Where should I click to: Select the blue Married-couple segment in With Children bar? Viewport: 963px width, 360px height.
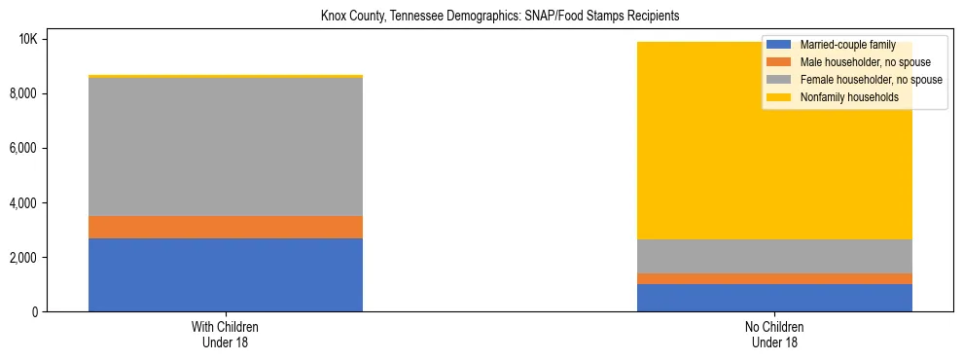pyautogui.click(x=226, y=274)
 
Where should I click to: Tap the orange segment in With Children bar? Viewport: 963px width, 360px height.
pyautogui.click(x=226, y=227)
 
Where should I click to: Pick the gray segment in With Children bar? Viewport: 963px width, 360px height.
pyautogui.click(x=226, y=146)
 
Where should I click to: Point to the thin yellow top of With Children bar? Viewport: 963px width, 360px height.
pyautogui.click(x=226, y=76)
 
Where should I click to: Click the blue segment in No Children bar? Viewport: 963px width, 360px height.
pyautogui.click(x=774, y=298)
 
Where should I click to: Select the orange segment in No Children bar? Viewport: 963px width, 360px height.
pyautogui.click(x=774, y=278)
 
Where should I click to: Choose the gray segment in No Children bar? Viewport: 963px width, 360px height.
pyautogui.click(x=774, y=256)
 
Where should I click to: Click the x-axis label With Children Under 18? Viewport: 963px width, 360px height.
pyautogui.click(x=226, y=335)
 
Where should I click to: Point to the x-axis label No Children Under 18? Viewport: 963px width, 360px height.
pyautogui.click(x=774, y=335)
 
